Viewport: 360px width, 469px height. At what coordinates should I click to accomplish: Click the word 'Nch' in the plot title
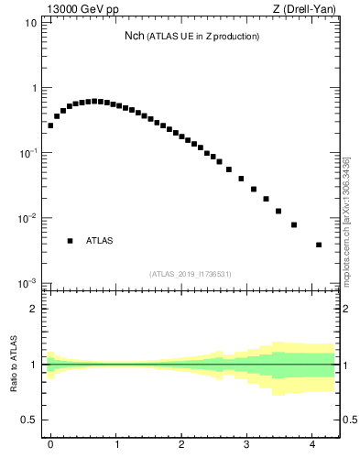tap(135, 37)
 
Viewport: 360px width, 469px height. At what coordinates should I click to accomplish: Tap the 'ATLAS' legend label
tap(100, 241)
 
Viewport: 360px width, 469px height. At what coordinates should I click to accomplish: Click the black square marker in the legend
tap(70, 241)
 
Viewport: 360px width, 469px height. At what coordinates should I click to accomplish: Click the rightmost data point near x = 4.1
tap(318, 245)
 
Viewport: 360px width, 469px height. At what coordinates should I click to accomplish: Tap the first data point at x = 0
tap(50, 125)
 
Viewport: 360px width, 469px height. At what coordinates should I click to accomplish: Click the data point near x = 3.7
tap(294, 224)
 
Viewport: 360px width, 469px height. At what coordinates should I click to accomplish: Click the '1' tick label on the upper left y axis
tap(33, 88)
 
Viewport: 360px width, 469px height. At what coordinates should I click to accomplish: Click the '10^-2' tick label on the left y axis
tap(27, 219)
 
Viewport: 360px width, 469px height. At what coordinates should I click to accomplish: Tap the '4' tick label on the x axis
tap(314, 445)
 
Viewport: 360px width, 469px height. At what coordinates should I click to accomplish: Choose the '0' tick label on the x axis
tap(50, 445)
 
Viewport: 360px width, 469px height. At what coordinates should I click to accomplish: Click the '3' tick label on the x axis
tap(248, 445)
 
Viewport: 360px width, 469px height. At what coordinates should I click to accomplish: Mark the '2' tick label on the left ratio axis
tap(33, 309)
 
